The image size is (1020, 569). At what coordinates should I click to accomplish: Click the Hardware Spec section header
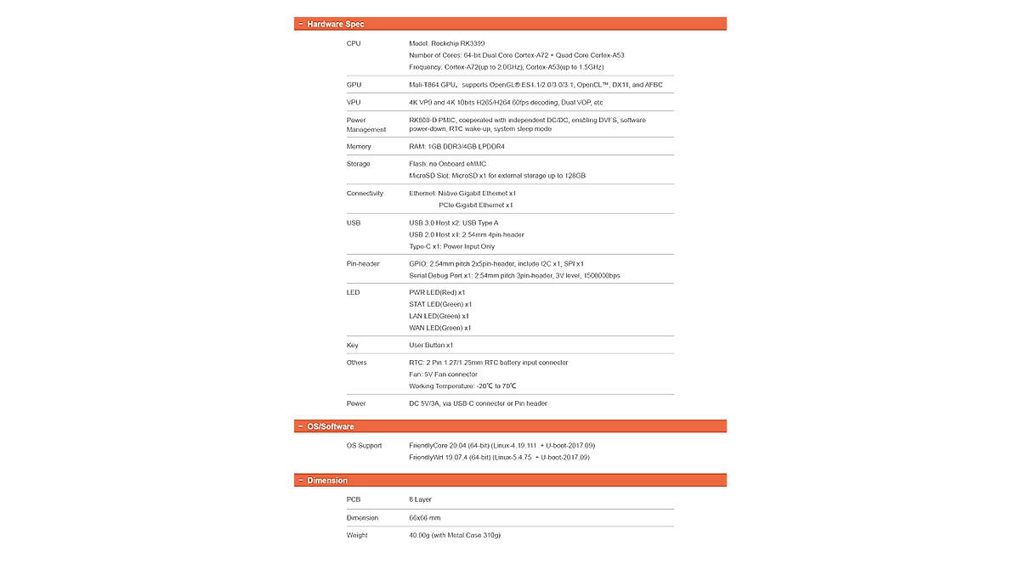337,24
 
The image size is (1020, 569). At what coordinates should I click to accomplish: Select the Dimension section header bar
510,481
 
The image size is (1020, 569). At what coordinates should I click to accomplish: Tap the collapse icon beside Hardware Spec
301,24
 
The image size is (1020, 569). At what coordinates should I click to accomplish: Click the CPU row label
354,43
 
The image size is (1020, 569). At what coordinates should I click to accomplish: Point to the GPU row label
354,85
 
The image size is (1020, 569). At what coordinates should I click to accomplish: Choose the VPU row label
354,103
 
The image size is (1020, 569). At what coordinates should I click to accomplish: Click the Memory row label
359,147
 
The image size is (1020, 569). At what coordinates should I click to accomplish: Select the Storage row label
359,164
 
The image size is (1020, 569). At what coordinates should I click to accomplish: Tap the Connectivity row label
365,194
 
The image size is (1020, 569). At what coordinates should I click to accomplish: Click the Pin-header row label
363,264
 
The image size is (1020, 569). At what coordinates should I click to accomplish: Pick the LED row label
353,293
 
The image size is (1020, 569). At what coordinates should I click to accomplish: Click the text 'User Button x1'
431,346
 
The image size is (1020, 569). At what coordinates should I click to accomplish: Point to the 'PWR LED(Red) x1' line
437,293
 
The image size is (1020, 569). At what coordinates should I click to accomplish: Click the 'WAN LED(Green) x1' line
439,328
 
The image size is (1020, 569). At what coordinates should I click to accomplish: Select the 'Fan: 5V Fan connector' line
443,375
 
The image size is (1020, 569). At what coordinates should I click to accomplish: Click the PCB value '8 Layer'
420,500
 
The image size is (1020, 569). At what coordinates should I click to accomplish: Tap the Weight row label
357,535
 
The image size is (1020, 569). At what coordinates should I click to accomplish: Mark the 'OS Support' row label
364,446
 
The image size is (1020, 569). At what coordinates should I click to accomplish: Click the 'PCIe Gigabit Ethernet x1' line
475,206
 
